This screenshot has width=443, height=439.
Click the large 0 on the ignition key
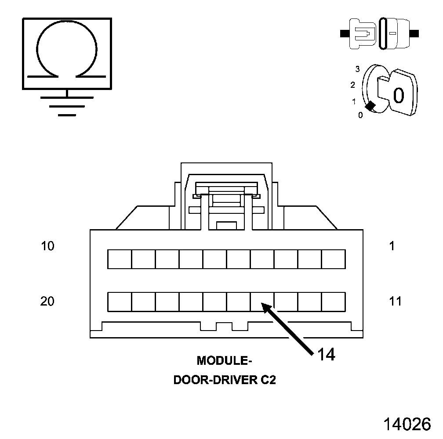point(398,95)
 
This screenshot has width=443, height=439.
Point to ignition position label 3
point(358,69)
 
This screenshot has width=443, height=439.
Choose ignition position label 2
point(353,85)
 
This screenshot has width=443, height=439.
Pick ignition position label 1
point(354,102)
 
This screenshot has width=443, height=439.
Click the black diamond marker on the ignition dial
point(370,106)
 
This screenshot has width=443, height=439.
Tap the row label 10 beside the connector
point(47,246)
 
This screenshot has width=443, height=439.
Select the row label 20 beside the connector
point(47,302)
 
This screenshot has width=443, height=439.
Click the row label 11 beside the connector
point(395,302)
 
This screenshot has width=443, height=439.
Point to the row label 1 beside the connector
point(392,246)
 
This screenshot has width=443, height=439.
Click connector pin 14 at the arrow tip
point(262,302)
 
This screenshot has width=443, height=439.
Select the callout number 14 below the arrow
point(326,355)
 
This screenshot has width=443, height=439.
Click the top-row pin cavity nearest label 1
point(333,259)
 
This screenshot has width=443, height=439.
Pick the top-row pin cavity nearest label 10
point(120,259)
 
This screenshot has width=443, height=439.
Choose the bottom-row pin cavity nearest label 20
point(120,302)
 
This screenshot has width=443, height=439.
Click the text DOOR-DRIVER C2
point(225,380)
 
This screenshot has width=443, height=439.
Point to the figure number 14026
point(407,424)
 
